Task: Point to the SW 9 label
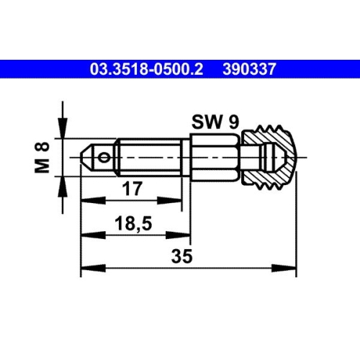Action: pos(215,122)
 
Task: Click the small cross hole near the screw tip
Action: pos(106,156)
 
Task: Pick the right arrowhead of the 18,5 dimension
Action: pos(184,235)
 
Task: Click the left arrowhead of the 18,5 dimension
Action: pos(86,235)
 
